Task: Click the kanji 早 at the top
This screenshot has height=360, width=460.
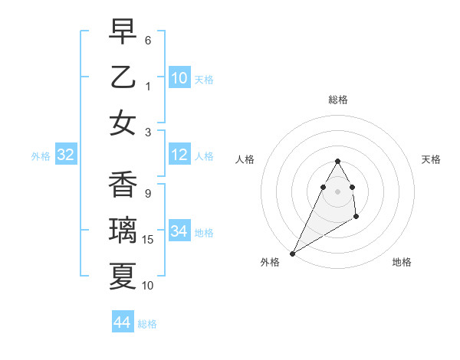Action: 123,32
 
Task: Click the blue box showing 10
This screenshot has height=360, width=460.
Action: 179,77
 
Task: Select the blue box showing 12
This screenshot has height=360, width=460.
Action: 179,155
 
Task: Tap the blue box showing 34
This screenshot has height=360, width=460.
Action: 179,231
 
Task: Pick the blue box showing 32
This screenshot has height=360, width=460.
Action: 66,155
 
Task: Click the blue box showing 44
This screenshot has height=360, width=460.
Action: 123,322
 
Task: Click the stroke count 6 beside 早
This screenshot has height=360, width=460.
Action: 148,39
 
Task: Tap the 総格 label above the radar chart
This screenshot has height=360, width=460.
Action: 338,100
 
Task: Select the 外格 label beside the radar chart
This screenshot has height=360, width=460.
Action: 270,262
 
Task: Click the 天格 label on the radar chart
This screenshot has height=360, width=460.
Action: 432,159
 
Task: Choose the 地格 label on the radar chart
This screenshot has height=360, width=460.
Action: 402,262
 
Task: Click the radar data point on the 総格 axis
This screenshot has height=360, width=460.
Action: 338,161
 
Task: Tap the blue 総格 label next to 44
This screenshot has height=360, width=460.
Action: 147,324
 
